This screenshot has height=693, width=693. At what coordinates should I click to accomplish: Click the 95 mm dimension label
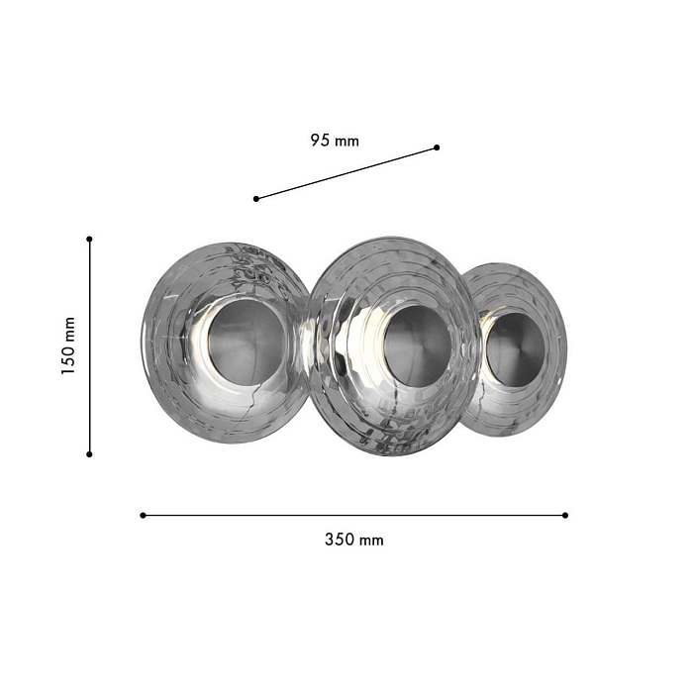click(335, 141)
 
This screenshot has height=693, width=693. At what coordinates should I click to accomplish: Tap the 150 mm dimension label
click(68, 346)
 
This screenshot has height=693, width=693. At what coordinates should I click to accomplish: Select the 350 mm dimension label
click(354, 540)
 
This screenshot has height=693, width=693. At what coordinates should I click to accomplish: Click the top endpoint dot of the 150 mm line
click(89, 240)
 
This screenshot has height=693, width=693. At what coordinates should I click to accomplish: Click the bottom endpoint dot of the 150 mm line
click(89, 454)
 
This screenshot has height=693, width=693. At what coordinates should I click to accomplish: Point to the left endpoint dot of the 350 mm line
click(143, 516)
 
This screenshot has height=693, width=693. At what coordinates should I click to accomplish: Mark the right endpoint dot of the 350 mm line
click(565, 516)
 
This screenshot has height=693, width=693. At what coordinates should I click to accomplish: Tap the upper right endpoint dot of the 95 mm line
click(437, 148)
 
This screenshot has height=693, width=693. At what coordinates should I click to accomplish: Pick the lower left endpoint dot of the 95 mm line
click(256, 199)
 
